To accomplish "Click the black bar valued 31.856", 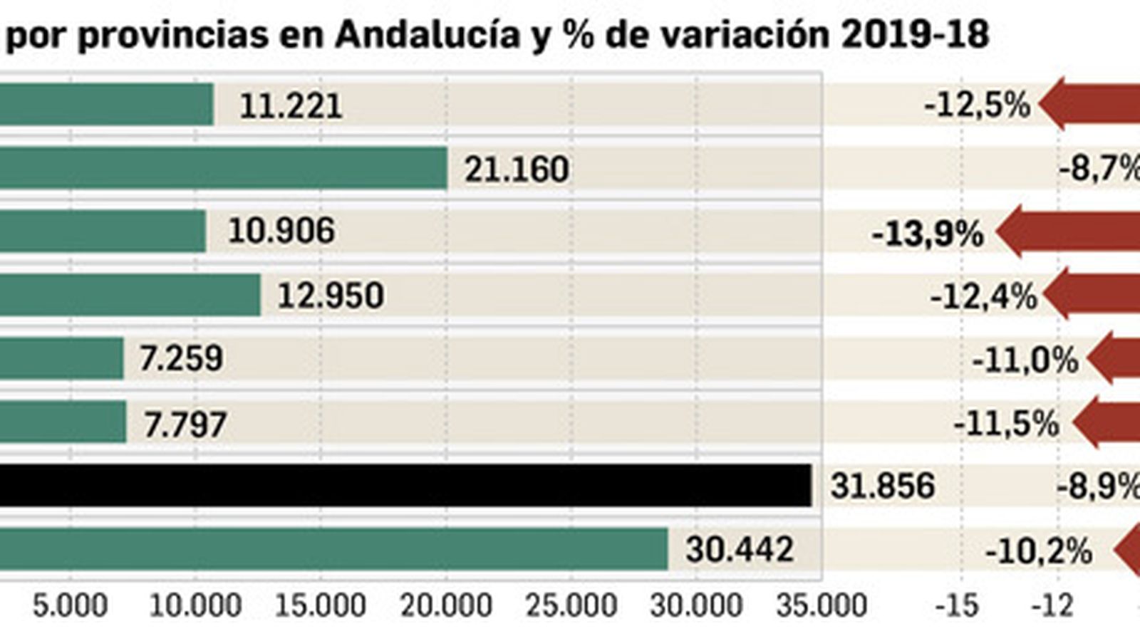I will (x=406, y=486).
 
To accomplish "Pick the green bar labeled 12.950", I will (x=130, y=295).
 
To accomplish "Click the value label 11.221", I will (x=290, y=107).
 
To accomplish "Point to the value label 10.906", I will (x=281, y=231).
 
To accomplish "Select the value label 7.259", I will (x=181, y=358).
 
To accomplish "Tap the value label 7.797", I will (x=185, y=425).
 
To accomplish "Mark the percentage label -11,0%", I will (x=1024, y=361).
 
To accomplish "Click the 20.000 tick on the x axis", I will (x=446, y=606).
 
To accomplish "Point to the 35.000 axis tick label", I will (x=822, y=606).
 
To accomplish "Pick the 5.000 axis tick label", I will (x=70, y=606).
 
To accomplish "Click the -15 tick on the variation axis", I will (x=956, y=606).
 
